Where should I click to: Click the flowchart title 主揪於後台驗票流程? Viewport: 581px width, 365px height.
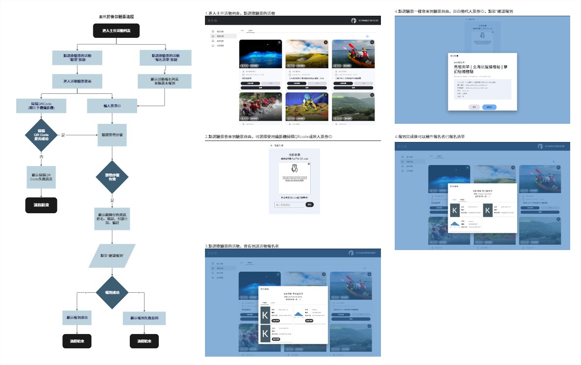(x=116, y=17)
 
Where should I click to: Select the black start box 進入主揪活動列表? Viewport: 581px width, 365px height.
(x=116, y=31)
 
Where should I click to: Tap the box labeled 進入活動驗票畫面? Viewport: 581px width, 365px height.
(x=77, y=81)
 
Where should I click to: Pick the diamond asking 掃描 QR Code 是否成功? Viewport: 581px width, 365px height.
(x=42, y=135)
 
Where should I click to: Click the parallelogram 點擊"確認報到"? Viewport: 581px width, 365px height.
(x=112, y=256)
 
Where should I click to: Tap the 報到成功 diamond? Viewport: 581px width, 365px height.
(x=112, y=292)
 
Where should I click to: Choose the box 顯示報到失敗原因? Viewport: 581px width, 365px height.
(x=147, y=318)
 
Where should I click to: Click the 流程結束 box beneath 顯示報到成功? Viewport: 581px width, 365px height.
(x=77, y=341)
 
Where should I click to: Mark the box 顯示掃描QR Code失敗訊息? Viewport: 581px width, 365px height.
(x=41, y=177)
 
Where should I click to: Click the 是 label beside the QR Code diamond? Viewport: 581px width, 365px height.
(x=63, y=135)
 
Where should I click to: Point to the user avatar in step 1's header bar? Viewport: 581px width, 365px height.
(x=353, y=21)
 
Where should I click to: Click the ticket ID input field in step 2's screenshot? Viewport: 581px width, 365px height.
(x=290, y=204)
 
